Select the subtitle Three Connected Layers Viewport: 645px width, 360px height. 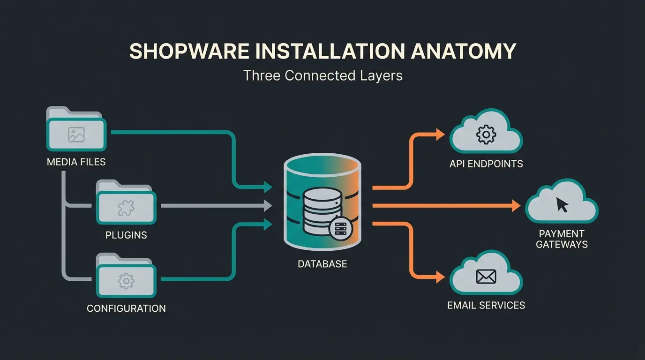(x=322, y=75)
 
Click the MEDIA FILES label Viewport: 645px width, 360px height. (x=76, y=162)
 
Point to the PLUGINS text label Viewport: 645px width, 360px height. (x=126, y=235)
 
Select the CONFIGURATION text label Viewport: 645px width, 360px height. (x=126, y=308)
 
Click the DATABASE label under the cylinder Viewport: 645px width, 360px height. (x=322, y=264)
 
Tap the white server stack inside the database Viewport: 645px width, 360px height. (x=320, y=211)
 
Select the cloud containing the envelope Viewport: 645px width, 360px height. (x=486, y=277)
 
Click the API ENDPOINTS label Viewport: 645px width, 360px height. (x=486, y=164)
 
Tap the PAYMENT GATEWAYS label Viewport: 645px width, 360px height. (x=562, y=239)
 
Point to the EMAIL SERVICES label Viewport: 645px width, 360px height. (x=486, y=306)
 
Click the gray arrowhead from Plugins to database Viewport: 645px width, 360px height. (x=268, y=205)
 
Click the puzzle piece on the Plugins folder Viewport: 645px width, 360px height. (x=126, y=207)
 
